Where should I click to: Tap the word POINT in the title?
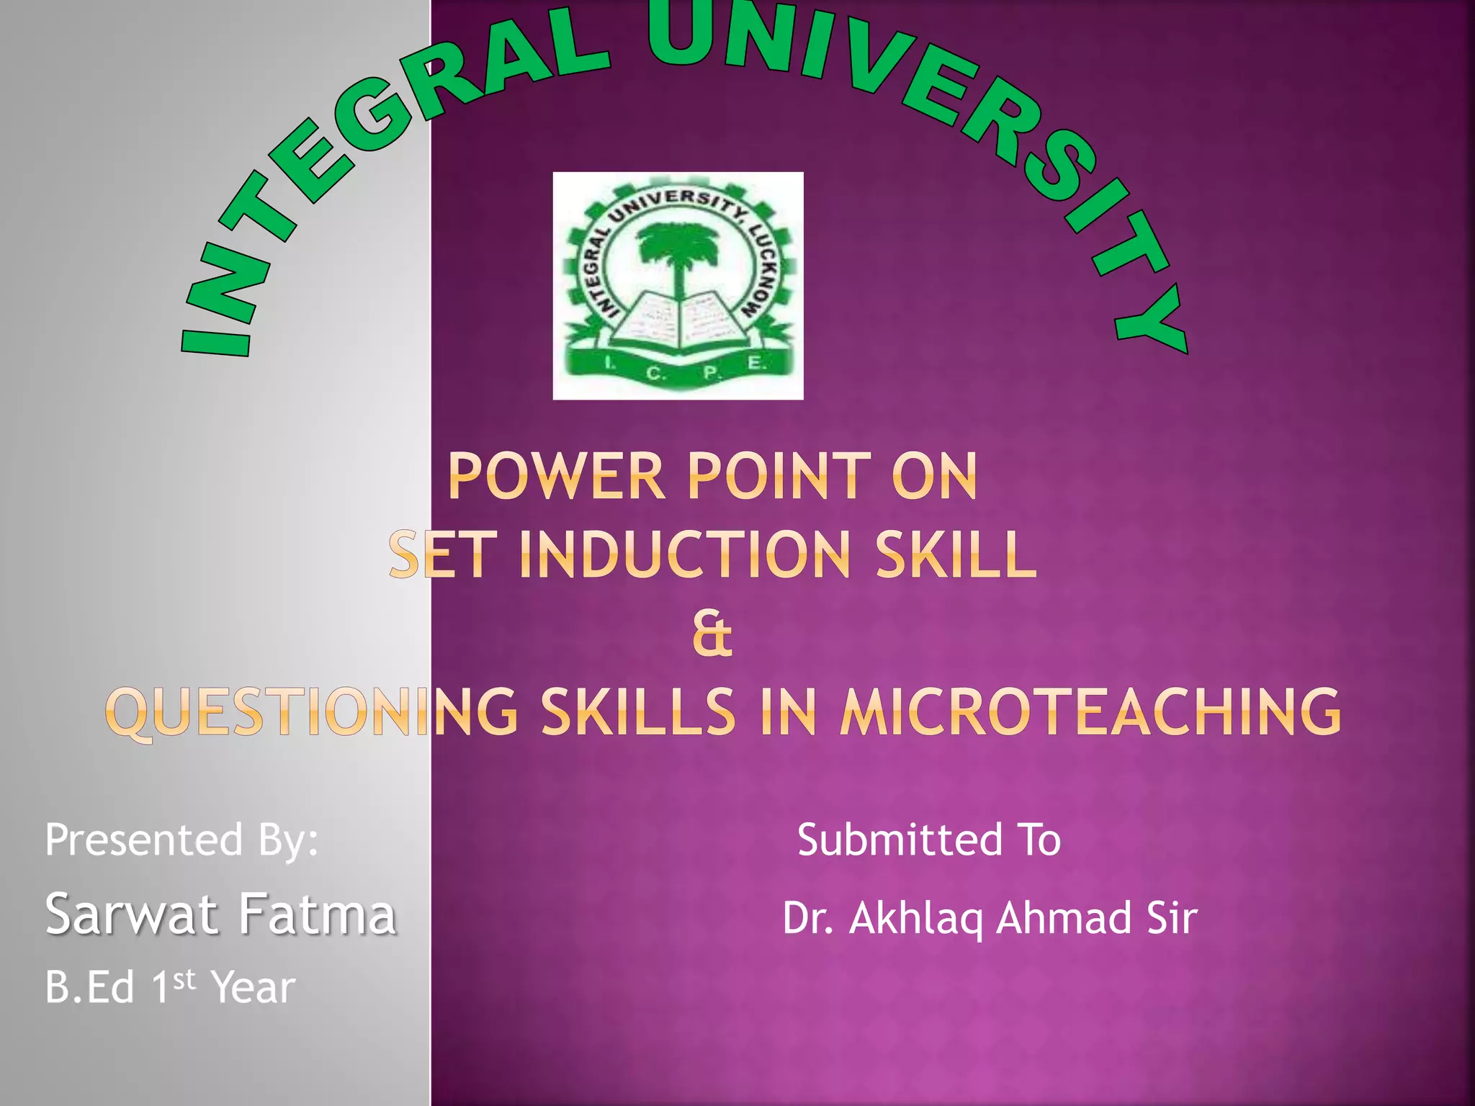point(779,476)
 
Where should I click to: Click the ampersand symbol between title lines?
point(712,635)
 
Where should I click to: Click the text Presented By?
point(181,840)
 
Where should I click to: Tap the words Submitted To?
point(929,840)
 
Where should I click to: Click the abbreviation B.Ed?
point(89,987)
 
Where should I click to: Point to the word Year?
point(254,987)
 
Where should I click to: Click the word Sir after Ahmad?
point(1172,919)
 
